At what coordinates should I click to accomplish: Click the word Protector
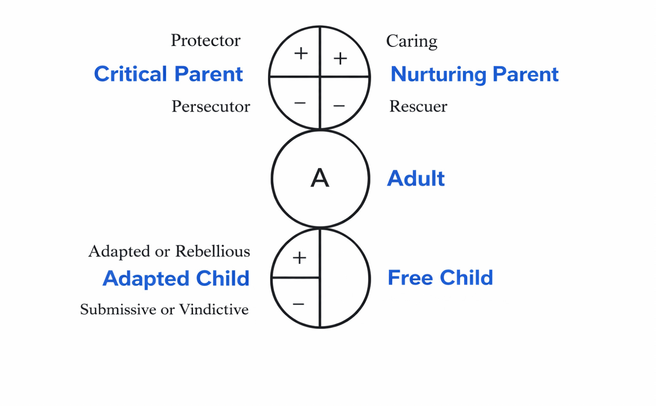click(205, 40)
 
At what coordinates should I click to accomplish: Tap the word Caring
click(411, 41)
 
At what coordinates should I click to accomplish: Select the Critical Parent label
click(168, 74)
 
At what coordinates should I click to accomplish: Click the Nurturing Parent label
click(474, 74)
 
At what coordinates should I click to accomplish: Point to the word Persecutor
click(211, 107)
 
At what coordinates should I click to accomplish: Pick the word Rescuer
click(418, 107)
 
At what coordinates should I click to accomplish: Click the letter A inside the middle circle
click(320, 178)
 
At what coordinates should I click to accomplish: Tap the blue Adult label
click(416, 178)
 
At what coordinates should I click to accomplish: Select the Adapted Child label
click(176, 278)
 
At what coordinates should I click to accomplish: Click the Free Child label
click(440, 278)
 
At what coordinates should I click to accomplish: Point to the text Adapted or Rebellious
click(169, 251)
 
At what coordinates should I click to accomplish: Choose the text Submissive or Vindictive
click(164, 310)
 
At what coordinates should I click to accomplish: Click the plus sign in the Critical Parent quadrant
click(301, 53)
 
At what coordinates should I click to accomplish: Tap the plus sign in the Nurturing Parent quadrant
click(340, 59)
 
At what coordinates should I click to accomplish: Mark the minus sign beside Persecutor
click(300, 103)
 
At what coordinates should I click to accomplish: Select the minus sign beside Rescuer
click(339, 106)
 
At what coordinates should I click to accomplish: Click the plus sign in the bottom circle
click(299, 258)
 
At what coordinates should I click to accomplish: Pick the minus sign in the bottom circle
click(298, 304)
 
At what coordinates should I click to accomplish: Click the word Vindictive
click(214, 310)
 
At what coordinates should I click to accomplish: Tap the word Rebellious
click(212, 251)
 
